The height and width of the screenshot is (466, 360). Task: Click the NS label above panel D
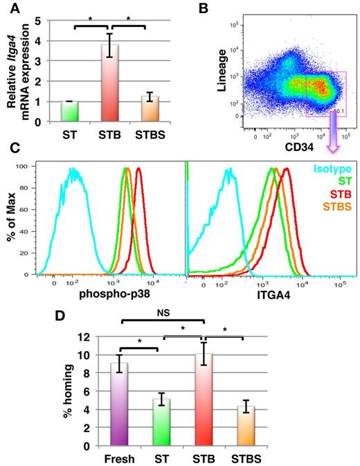point(163,314)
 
